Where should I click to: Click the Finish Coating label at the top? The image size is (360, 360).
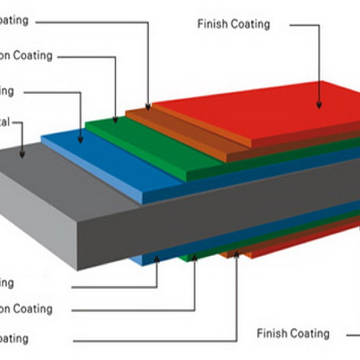click(233, 24)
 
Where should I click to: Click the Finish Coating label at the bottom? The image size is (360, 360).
click(293, 333)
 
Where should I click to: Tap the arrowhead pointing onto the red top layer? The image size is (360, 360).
click(319, 104)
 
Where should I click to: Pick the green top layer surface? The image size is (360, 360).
click(148, 144)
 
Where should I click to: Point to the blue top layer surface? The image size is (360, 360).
click(105, 158)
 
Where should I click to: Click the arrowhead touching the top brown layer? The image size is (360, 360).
click(148, 106)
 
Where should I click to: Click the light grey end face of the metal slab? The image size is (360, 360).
click(39, 225)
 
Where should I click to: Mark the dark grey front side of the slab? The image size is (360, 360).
click(211, 218)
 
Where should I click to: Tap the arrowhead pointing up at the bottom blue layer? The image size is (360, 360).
click(157, 259)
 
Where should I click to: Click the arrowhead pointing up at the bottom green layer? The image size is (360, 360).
click(194, 258)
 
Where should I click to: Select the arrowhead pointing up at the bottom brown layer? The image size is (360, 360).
click(237, 254)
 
